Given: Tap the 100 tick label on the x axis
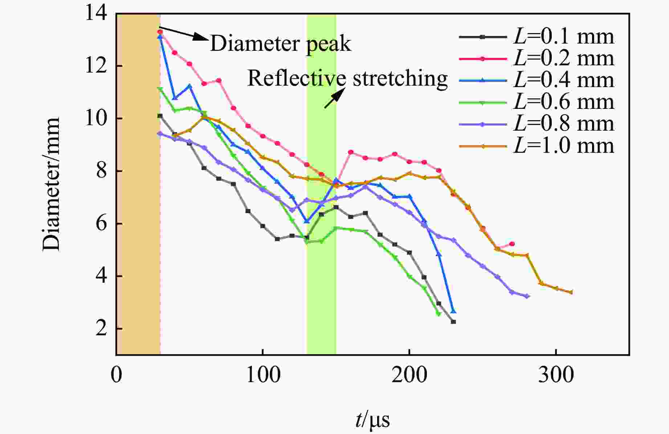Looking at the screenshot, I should [x=262, y=376].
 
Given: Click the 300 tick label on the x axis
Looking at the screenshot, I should [x=556, y=376].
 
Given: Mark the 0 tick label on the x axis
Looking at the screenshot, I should [x=116, y=376].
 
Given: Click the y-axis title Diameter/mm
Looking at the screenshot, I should [x=51, y=184].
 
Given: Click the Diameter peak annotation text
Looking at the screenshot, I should [x=281, y=44].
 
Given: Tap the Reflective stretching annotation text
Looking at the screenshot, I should [x=347, y=78].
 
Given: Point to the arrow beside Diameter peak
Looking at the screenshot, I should [x=183, y=33].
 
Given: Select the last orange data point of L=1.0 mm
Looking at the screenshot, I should [x=571, y=292].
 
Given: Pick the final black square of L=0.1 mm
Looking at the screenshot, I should [x=453, y=322].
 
